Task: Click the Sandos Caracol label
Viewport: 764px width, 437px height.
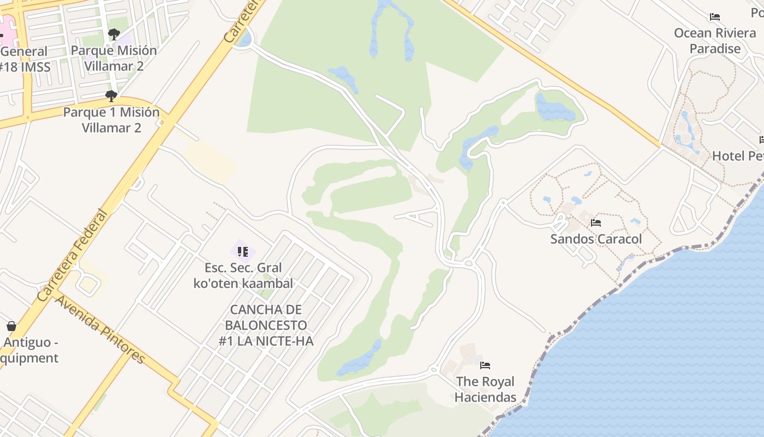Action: [x=596, y=239]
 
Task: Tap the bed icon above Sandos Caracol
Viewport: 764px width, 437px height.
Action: [x=596, y=223]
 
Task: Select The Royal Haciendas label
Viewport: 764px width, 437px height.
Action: [x=485, y=389]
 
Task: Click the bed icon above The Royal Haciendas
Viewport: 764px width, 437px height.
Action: [x=485, y=365]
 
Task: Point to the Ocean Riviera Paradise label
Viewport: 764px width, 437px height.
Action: [x=715, y=40]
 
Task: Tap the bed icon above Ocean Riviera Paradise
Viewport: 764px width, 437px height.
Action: [x=715, y=17]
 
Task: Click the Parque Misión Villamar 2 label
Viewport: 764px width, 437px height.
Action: [x=114, y=58]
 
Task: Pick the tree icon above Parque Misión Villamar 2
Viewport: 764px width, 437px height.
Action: [x=114, y=34]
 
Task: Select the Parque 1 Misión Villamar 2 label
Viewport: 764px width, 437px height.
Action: [x=111, y=120]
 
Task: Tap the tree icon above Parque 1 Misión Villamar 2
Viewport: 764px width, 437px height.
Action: [x=111, y=96]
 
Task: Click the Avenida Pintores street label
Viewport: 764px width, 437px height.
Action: [x=100, y=329]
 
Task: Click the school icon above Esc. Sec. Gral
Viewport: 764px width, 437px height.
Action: [x=243, y=252]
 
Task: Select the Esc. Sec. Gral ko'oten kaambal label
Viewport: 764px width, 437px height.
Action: [x=243, y=275]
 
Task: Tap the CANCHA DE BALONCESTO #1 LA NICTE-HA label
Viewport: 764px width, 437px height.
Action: [x=266, y=325]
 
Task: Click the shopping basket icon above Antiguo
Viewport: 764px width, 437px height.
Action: [x=11, y=327]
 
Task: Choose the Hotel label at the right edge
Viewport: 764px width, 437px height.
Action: [x=737, y=156]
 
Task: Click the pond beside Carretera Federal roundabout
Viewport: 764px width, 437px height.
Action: [x=245, y=39]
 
